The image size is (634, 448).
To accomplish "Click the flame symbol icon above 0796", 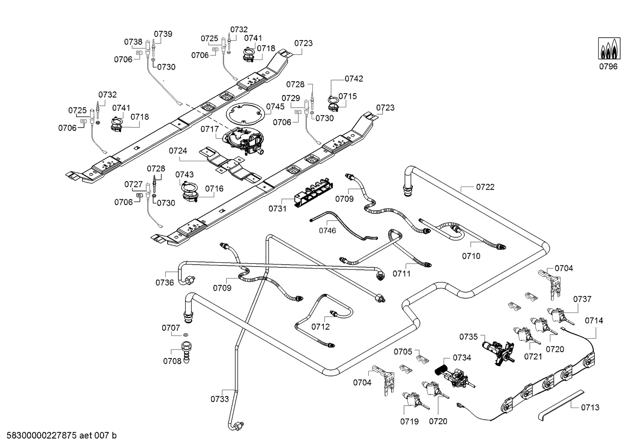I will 609,48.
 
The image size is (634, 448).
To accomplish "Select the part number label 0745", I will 275,107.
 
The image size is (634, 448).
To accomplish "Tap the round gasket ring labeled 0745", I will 245,115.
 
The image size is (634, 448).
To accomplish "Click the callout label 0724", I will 178,151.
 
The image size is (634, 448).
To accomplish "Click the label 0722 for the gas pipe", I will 485,187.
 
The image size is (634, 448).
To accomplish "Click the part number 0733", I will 220,399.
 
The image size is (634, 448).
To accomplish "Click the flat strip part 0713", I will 561,404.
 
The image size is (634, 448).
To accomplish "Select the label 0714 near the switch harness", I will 594,320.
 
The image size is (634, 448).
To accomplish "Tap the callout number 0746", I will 328,231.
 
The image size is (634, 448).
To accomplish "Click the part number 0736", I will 165,282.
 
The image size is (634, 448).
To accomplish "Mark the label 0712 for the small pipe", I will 320,327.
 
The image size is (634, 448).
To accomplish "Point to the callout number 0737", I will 582,299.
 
